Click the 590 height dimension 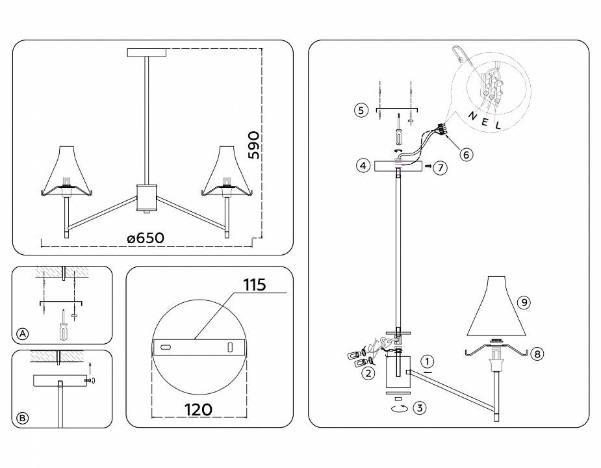click(254, 146)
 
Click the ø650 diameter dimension click(146, 238)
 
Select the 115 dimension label click(255, 285)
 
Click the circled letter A click(22, 333)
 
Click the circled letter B click(22, 418)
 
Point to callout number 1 click(427, 361)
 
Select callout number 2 click(369, 373)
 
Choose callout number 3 click(420, 408)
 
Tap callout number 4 click(363, 166)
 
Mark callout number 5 click(361, 110)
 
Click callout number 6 click(465, 154)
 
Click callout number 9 click(524, 302)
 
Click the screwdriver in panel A click(62, 324)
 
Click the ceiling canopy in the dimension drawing click(147, 53)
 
